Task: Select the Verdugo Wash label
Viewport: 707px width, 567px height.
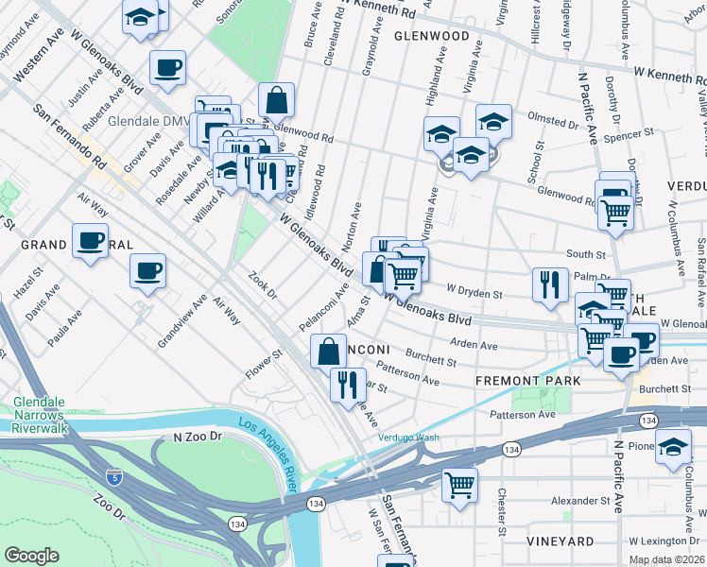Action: (x=409, y=438)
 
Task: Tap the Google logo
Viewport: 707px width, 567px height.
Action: (x=31, y=556)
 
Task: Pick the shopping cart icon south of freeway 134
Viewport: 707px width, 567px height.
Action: (x=459, y=486)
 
